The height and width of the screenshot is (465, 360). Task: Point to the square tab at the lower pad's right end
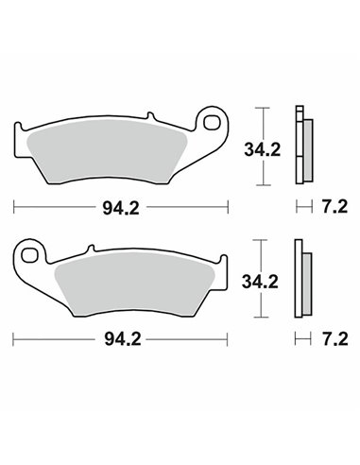[x=221, y=263]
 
